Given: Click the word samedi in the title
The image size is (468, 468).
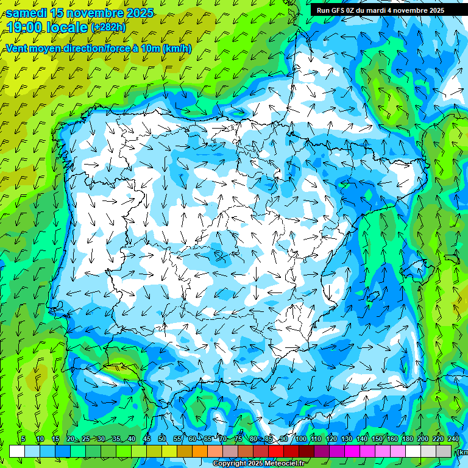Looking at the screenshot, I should [29, 13].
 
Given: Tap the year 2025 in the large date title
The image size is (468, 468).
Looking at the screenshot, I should [135, 13].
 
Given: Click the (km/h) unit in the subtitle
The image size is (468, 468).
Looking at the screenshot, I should [177, 49].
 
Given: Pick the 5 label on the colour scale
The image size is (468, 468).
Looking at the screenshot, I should [23, 439].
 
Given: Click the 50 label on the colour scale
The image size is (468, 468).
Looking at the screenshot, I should [162, 439].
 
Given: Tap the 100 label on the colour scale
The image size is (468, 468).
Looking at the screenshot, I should [301, 439].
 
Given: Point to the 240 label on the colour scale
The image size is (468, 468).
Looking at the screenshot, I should [453, 439].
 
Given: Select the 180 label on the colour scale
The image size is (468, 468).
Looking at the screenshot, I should [407, 439].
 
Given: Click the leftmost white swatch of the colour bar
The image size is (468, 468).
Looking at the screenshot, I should [17, 451].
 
